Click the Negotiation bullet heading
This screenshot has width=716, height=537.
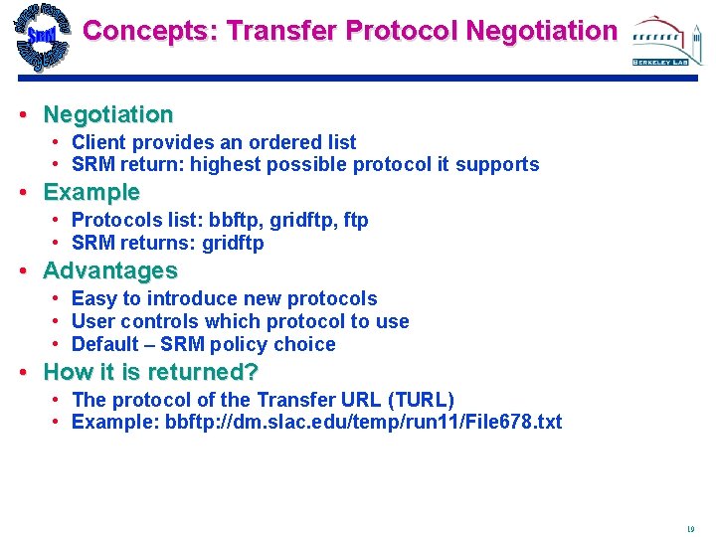coord(108,114)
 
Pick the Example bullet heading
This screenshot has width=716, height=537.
coord(91,192)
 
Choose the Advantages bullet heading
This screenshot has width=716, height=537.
coord(110,270)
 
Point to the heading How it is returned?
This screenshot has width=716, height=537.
coord(151,373)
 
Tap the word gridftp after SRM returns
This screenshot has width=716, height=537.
coord(233,243)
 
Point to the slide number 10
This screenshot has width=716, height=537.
coord(690,530)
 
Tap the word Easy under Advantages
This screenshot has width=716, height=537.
coord(94,298)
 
